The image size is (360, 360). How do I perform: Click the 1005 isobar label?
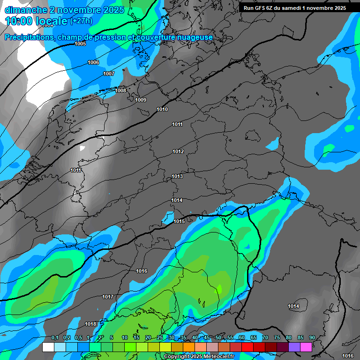point(80,44)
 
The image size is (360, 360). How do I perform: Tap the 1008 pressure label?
point(120,90)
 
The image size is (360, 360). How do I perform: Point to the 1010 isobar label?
point(162,109)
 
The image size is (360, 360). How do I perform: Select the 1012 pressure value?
point(178,151)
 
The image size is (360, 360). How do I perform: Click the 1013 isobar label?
point(177,176)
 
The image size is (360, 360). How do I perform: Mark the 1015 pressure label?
point(179,221)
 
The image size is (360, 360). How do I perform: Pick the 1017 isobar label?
point(108,297)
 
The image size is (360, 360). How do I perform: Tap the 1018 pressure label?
point(90,324)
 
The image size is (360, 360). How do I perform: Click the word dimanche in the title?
point(26,10)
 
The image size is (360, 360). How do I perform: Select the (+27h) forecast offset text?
point(81,21)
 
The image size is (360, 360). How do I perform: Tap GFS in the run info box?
point(264,8)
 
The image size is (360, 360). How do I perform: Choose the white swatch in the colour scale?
point(48,347)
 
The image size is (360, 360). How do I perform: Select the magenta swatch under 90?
point(306,347)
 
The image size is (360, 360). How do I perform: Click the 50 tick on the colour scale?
point(218,338)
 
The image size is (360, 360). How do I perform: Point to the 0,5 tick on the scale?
point(78,338)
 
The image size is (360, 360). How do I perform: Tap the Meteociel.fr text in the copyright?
point(216,357)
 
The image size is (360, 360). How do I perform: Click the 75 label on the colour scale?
point(277,338)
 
